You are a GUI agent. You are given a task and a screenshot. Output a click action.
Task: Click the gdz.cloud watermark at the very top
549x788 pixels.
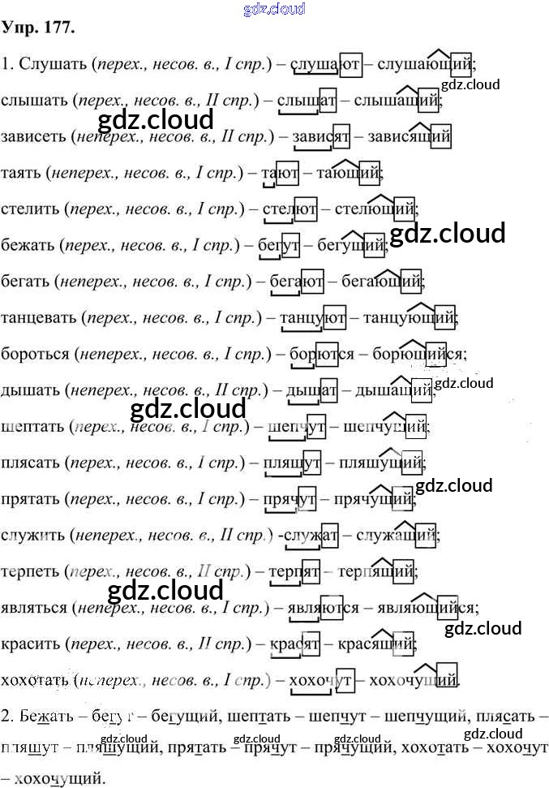[274, 9]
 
